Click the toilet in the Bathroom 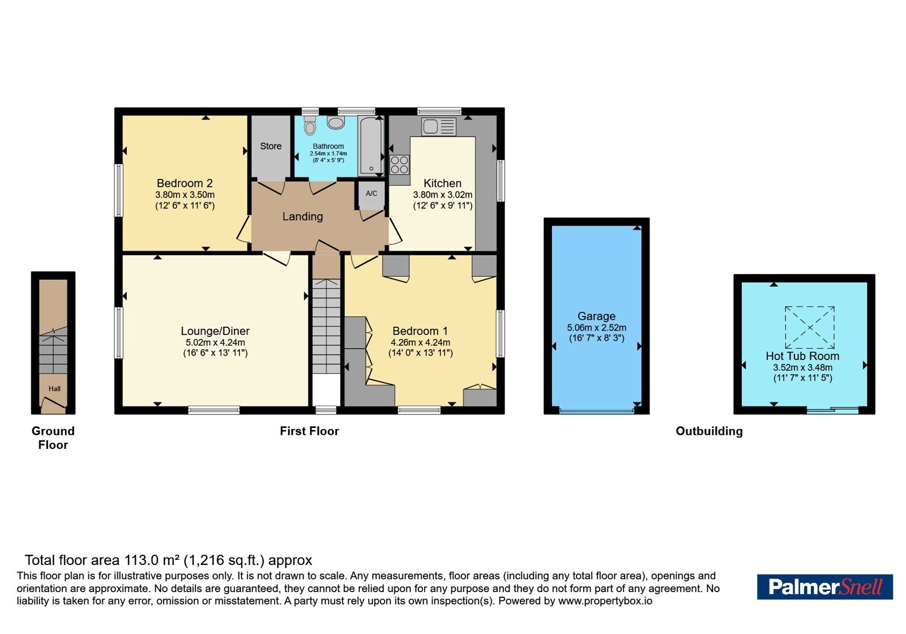point(310,125)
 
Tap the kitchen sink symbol point(438,127)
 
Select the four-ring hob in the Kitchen point(400,165)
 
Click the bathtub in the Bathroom point(370,146)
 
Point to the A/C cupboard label point(371,193)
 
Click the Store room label point(271,146)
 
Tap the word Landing point(302,217)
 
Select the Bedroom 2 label point(185,183)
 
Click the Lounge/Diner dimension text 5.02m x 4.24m point(215,342)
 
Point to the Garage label point(597,316)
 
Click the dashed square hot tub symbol point(810,328)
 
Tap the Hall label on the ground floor point(54,388)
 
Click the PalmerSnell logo point(824,586)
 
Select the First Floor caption point(309,431)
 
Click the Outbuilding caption point(709,431)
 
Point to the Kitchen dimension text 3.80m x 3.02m point(442,195)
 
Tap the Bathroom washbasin point(336,122)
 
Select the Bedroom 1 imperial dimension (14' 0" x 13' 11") point(421,353)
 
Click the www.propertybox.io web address point(605,601)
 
